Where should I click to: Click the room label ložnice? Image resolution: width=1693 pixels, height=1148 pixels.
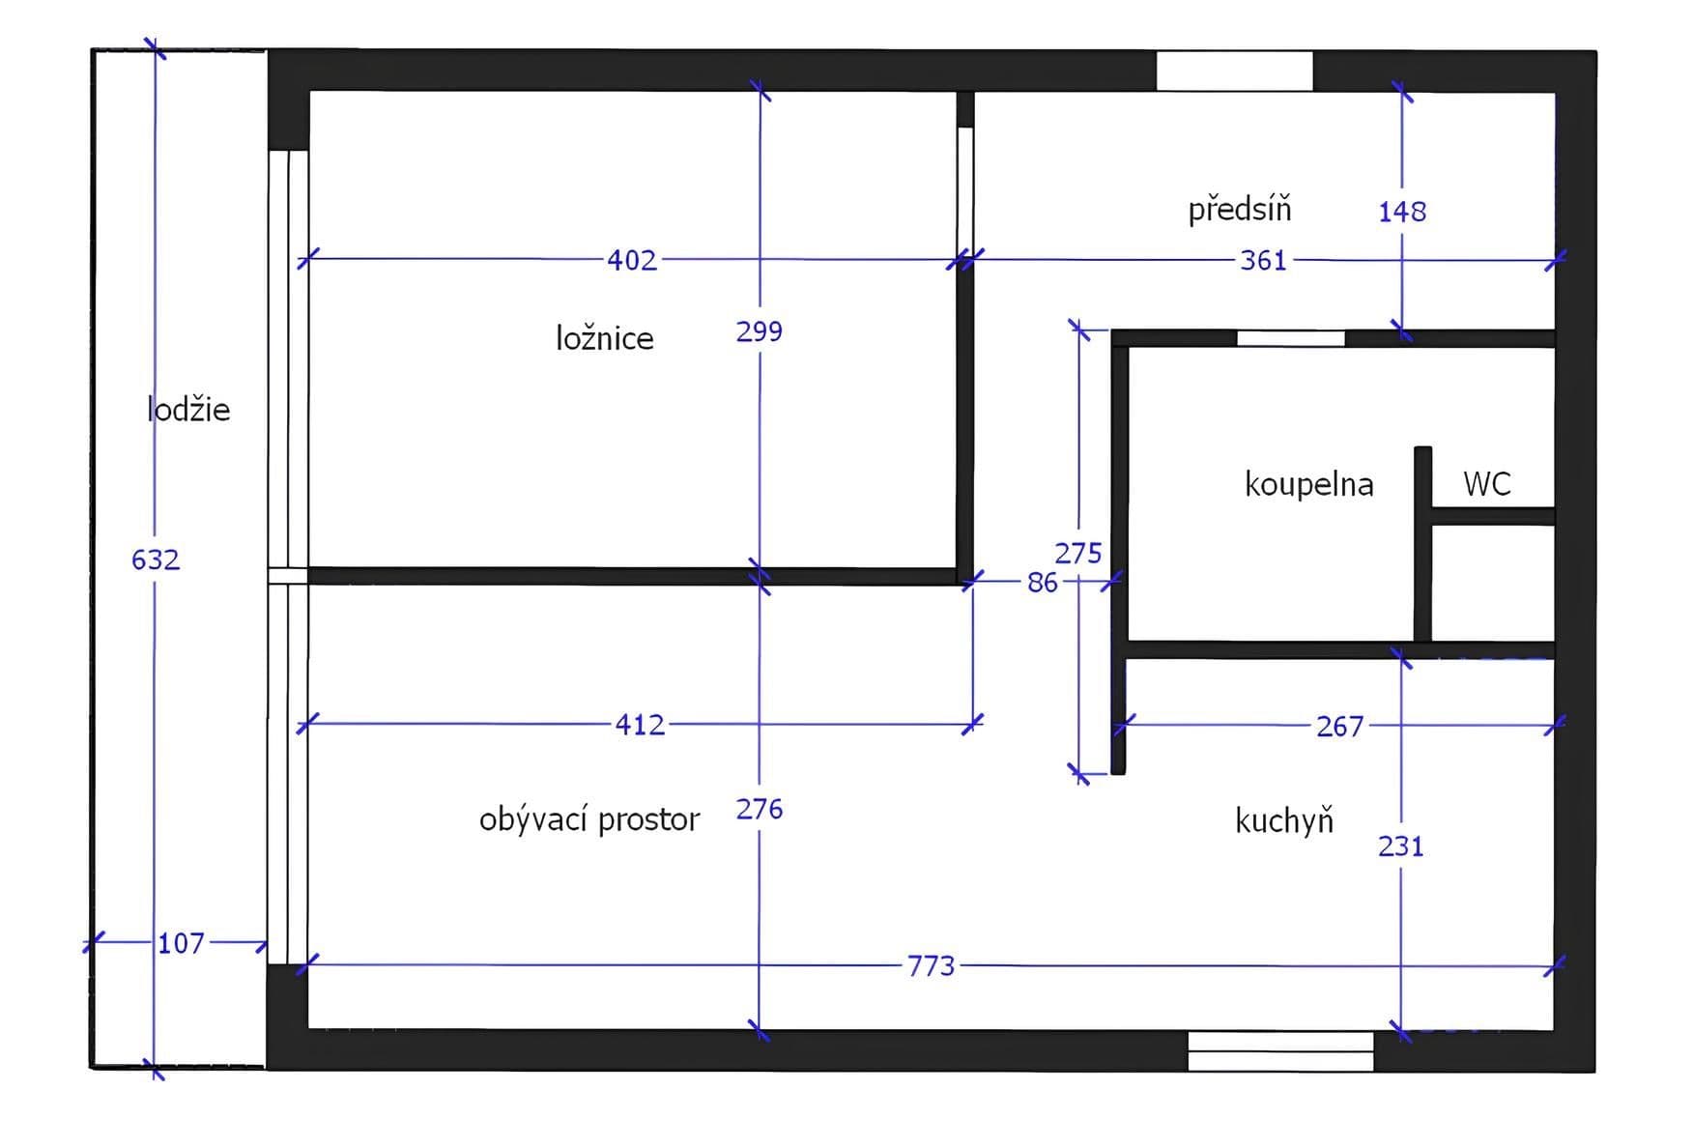click(x=604, y=338)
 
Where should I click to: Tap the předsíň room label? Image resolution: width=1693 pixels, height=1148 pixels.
click(x=1239, y=209)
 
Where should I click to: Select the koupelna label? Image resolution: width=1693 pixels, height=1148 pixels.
click(x=1308, y=483)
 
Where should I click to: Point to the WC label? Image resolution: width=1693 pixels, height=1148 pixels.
click(x=1486, y=483)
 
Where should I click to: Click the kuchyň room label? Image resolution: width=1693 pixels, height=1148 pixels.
click(x=1284, y=820)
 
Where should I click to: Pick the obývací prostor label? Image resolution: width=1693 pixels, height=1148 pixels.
click(x=588, y=819)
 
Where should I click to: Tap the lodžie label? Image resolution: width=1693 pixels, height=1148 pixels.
click(x=188, y=410)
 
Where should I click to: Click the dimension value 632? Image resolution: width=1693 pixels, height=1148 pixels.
click(x=156, y=560)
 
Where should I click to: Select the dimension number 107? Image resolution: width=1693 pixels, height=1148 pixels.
click(x=181, y=943)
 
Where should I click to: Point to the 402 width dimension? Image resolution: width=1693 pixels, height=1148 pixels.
click(x=632, y=260)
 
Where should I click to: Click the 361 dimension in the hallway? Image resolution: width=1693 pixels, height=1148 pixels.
click(x=1263, y=260)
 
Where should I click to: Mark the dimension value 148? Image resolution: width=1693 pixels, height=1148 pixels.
click(x=1402, y=211)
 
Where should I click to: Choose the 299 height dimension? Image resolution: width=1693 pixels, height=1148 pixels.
click(x=760, y=331)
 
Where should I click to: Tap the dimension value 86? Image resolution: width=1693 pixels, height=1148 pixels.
click(x=1043, y=583)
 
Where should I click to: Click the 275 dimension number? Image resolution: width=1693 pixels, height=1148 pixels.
click(x=1078, y=553)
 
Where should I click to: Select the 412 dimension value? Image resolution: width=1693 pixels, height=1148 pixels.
click(x=640, y=725)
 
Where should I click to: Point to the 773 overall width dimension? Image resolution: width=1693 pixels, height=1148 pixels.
click(x=931, y=965)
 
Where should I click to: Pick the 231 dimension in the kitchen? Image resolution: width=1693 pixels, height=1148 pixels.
click(x=1401, y=847)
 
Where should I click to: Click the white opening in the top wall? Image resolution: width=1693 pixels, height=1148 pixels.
click(x=1234, y=71)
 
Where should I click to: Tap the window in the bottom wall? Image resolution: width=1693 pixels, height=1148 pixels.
click(x=1280, y=1050)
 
